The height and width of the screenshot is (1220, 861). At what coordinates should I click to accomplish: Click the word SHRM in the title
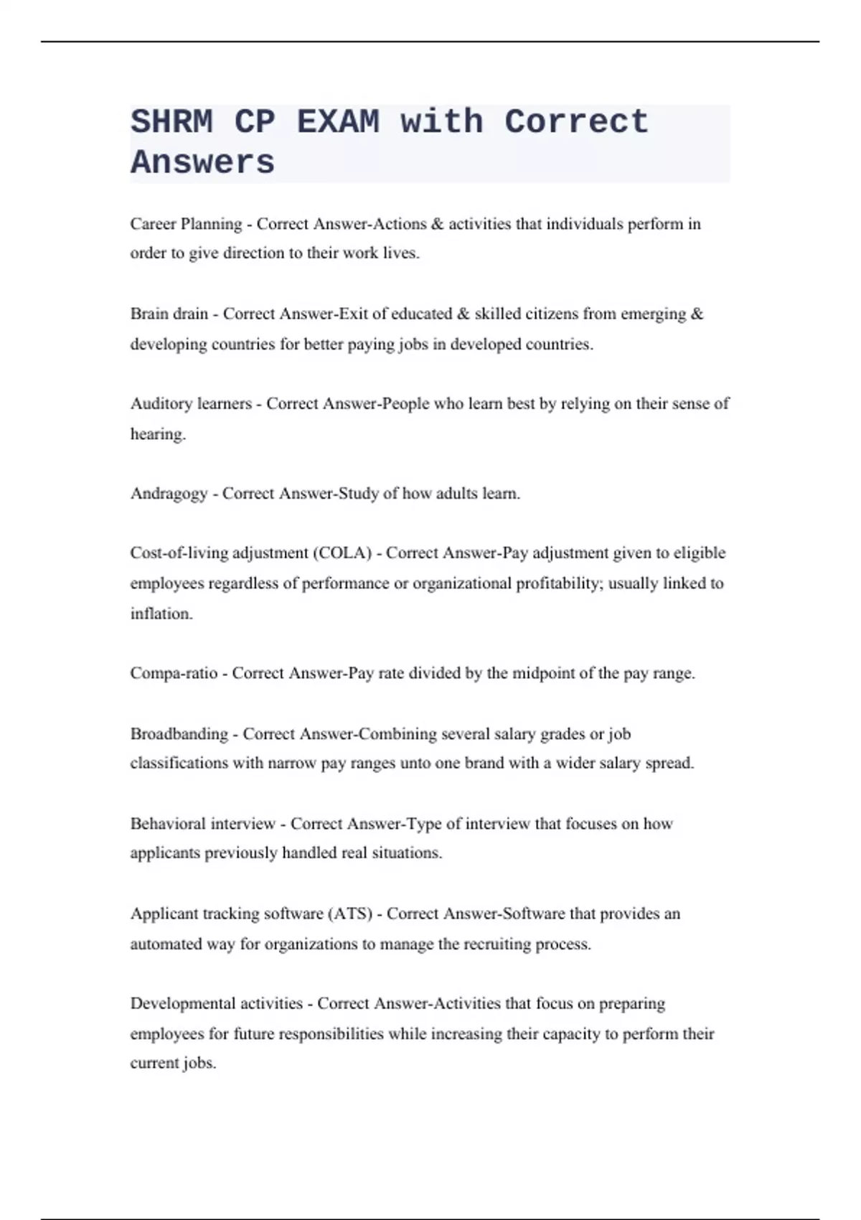coord(171,121)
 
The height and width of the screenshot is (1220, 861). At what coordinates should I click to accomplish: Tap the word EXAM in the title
coord(338,121)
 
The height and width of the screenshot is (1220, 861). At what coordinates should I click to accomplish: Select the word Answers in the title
coord(202,162)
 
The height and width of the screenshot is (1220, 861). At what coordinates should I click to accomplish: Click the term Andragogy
coord(169,494)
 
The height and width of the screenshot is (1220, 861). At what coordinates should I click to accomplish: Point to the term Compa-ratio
coord(174,673)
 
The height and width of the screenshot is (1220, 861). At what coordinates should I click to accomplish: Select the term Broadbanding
coord(179,733)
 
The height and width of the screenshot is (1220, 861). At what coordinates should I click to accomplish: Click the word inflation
coord(161,614)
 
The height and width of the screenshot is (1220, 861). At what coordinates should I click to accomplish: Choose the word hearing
coord(157,434)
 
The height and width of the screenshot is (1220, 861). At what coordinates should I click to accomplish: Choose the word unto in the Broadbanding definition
coord(415,763)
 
